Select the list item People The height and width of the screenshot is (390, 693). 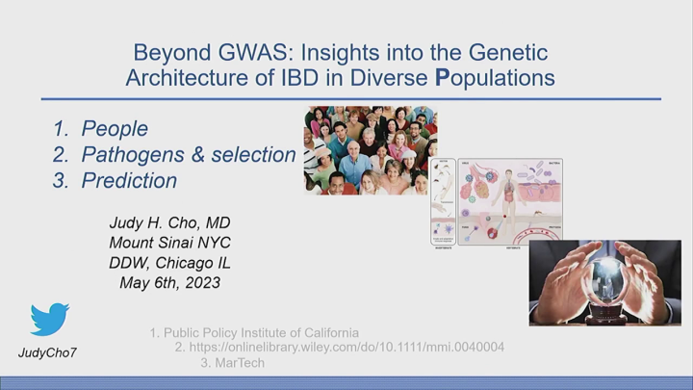point(115,129)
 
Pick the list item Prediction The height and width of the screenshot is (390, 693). point(129,180)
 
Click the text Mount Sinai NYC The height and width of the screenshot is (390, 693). point(169,243)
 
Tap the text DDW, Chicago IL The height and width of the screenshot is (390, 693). point(169,263)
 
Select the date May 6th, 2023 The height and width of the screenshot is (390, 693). point(169,283)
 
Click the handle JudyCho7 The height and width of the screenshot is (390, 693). point(48,352)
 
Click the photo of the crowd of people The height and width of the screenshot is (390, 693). point(371,150)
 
